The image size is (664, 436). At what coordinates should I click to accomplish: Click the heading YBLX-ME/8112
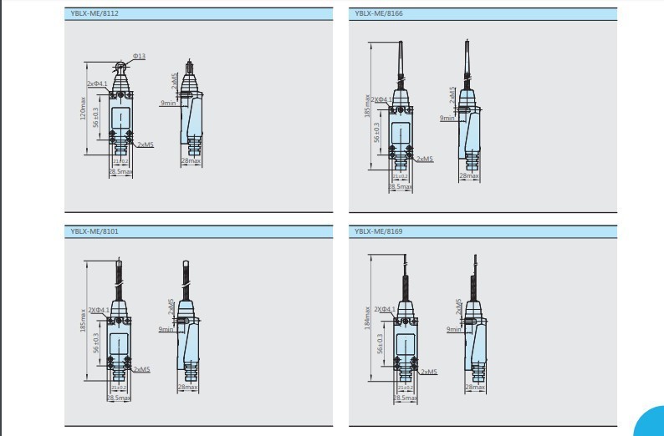[x=93, y=13]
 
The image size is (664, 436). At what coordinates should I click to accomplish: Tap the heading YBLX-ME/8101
[x=93, y=231]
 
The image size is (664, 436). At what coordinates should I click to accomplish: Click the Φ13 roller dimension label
[x=139, y=56]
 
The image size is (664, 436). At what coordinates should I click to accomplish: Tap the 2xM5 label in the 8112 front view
[x=145, y=144]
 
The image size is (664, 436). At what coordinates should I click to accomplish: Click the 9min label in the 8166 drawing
[x=447, y=118]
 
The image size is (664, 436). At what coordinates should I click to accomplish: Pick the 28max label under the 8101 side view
[x=187, y=387]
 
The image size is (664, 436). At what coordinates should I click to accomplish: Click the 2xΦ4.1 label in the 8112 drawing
[x=98, y=84]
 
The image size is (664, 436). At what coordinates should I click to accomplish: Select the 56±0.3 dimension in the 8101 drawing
[x=96, y=342]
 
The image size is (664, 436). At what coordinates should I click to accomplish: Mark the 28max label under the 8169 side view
[x=475, y=387]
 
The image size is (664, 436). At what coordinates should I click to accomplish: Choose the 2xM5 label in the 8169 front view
[x=430, y=372]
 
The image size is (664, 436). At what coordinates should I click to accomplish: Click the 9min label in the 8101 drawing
[x=166, y=329]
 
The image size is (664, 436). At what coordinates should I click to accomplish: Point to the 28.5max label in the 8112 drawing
[x=120, y=172]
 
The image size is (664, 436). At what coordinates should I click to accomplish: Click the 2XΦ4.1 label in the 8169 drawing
[x=385, y=309]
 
